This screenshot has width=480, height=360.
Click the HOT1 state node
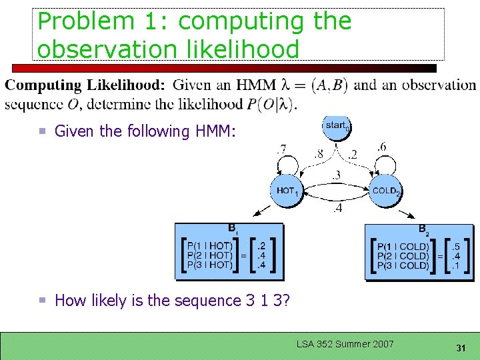coord(287,191)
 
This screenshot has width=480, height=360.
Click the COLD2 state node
coord(386,191)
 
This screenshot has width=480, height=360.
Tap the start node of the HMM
coord(337,125)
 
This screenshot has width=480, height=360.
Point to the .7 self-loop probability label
coord(282,147)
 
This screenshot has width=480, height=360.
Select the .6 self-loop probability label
coord(381,147)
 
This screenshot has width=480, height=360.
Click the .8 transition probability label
coord(319,154)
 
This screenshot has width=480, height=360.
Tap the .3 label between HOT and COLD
coord(337,175)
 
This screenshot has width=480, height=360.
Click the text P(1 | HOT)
coord(210,245)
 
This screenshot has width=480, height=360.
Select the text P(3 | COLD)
coord(405,265)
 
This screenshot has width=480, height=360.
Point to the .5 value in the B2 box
coord(456,245)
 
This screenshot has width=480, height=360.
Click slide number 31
coord(460,349)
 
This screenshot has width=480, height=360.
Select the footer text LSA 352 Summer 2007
coord(345,344)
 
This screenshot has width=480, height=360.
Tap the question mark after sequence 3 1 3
coord(285,301)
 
